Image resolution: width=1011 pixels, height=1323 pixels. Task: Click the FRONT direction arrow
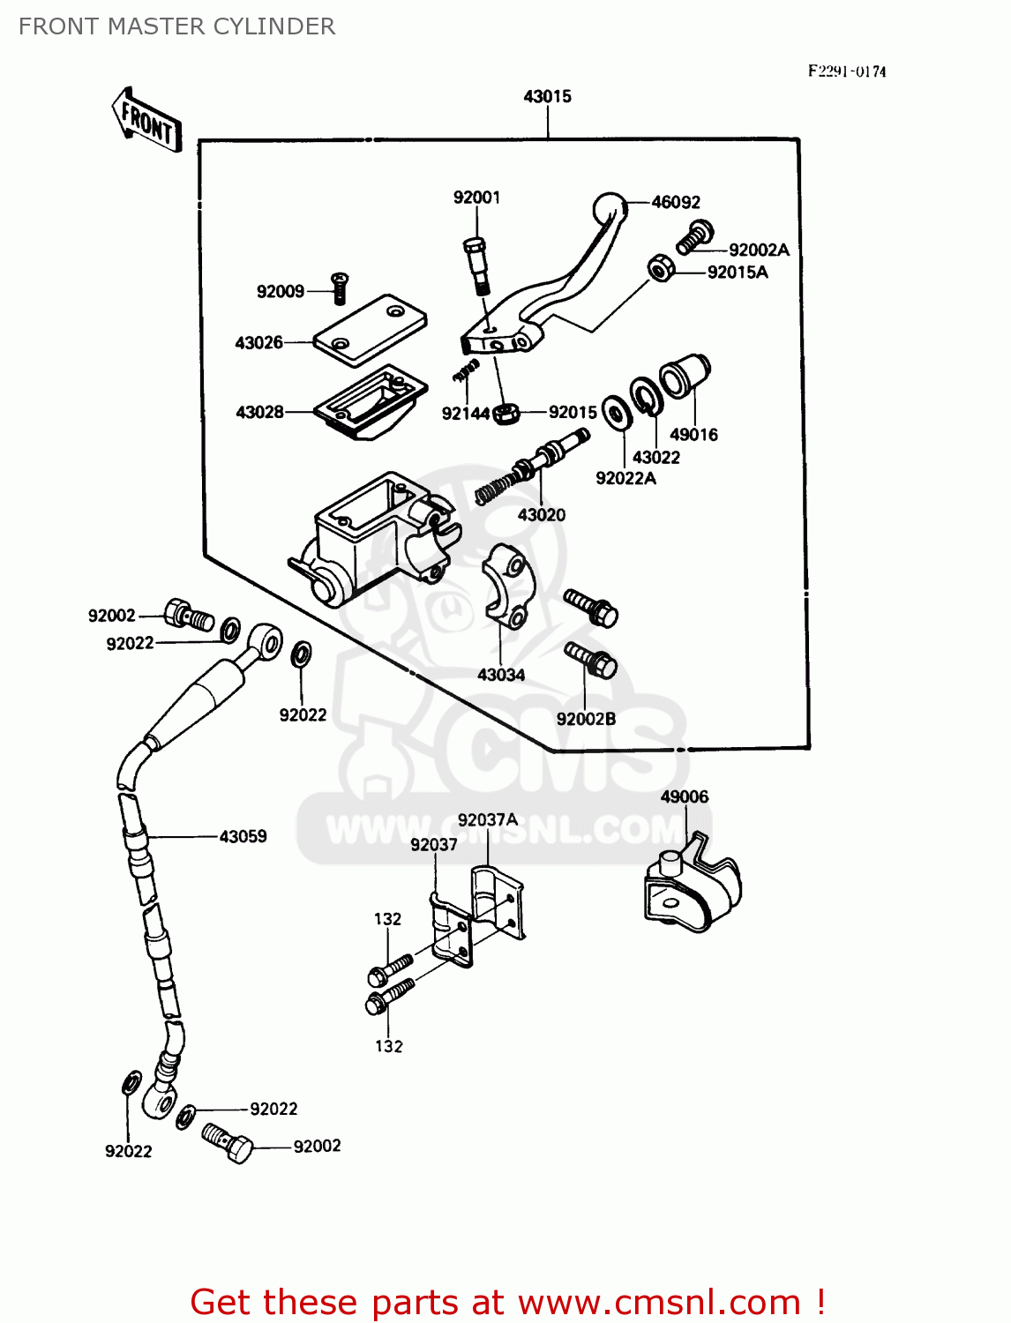146,122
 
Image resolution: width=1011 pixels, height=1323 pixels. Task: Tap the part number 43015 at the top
547,96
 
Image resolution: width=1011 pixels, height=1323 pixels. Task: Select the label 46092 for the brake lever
676,202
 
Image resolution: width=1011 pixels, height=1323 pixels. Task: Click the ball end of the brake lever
608,207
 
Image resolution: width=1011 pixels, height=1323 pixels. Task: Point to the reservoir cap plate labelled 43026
371,331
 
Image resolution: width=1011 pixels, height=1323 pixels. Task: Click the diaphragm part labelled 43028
371,401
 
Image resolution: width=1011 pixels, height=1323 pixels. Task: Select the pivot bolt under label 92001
476,265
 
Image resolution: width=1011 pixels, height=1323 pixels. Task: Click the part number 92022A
625,478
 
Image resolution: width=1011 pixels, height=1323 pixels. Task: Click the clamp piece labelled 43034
506,587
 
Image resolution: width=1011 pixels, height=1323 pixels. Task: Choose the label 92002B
586,719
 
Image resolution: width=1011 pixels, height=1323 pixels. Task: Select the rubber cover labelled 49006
692,886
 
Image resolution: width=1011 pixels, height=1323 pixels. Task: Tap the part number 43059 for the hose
243,836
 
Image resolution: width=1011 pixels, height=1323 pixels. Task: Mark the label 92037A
488,819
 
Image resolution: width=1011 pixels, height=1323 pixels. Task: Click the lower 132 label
389,1046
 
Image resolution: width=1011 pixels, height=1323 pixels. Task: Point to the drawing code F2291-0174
847,71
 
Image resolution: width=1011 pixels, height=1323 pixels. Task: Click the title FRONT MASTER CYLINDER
176,26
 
